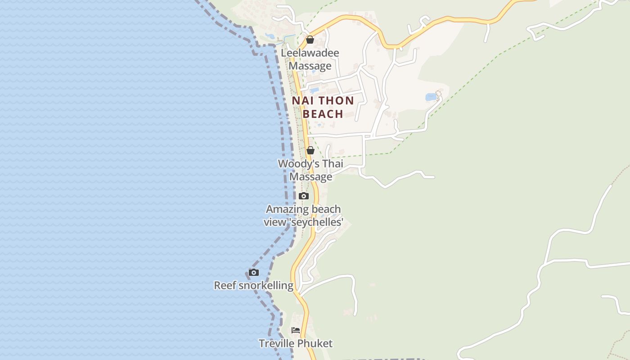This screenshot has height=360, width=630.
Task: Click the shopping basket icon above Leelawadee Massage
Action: point(310,40)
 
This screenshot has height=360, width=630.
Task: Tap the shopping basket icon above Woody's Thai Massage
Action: point(310,150)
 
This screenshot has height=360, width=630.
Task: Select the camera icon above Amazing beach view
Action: point(304,196)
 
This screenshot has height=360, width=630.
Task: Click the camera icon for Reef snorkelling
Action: point(254,272)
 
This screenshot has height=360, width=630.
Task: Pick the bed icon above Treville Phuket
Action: point(296,330)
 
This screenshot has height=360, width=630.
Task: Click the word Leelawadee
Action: point(310,53)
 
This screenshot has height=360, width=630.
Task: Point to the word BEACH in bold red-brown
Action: point(323,114)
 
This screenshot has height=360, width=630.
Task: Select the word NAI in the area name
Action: point(302,101)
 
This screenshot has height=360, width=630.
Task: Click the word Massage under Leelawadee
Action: point(310,66)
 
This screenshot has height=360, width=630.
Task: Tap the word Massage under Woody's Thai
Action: point(310,177)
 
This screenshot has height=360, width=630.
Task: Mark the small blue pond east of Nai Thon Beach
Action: point(431,97)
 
